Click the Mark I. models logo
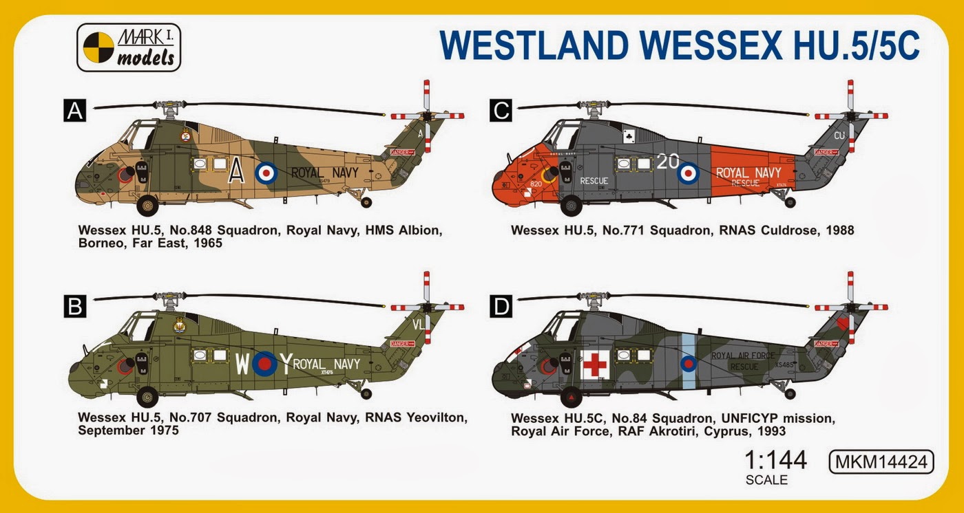pos(129,47)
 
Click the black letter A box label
pos(74,111)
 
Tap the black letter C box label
pos(501,110)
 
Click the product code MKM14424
pos(882,461)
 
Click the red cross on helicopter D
pos(594,364)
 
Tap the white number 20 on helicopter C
pos(667,162)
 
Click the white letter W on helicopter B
pos(242,364)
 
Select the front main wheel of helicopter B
pos(147,397)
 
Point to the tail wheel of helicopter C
pos(790,202)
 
